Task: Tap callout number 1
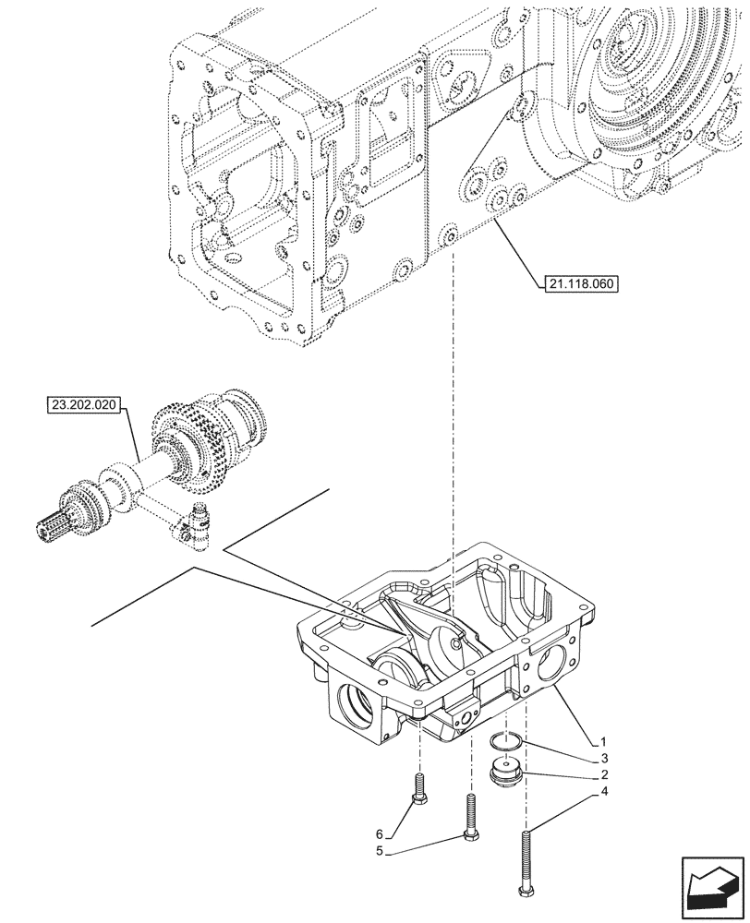[x=602, y=741]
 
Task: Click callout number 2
[x=602, y=774]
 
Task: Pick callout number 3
[x=602, y=758]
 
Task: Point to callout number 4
[x=602, y=792]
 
